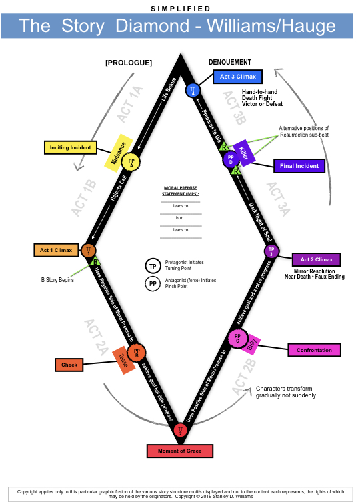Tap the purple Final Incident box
coord(299,166)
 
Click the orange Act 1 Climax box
coord(56,251)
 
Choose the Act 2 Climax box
coord(317,259)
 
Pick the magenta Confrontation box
coord(314,349)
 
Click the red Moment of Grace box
coord(180,451)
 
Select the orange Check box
coord(69,365)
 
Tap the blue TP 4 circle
coord(193,90)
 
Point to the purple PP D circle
coord(231,161)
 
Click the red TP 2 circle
coord(180,431)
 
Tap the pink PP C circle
coord(236,339)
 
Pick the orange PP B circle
coord(137,353)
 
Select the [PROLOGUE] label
coord(129,63)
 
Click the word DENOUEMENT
coord(230,62)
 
